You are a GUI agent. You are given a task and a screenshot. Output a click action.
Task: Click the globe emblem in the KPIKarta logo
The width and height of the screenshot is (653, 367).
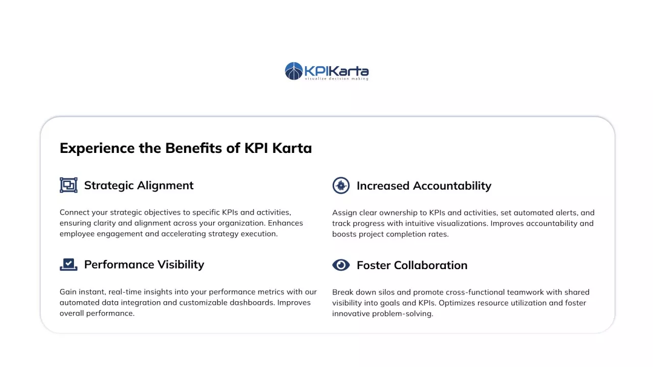click(293, 71)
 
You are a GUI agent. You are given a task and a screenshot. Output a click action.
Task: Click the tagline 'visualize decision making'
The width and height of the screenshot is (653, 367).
click(337, 78)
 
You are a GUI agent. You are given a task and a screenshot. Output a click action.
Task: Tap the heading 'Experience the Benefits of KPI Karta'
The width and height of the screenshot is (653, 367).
click(186, 148)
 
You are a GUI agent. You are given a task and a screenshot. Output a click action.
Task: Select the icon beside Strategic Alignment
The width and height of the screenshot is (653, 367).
click(68, 185)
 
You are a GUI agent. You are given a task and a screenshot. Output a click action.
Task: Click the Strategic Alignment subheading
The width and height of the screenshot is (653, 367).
click(139, 186)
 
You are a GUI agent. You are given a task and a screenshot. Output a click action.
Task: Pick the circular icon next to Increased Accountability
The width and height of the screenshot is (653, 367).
click(341, 185)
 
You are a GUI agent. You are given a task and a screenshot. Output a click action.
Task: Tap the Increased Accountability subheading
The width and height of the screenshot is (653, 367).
click(424, 186)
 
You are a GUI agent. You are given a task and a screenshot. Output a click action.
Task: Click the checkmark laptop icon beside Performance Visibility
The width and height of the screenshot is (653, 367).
click(68, 265)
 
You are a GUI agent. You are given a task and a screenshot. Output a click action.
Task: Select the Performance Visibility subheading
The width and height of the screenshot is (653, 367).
click(144, 265)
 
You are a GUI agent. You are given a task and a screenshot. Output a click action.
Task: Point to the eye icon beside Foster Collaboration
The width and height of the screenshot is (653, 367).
click(341, 265)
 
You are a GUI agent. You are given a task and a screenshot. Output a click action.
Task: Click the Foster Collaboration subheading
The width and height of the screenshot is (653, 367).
click(412, 266)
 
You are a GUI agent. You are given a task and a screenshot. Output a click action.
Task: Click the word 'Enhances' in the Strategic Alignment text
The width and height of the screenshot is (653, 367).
click(285, 223)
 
